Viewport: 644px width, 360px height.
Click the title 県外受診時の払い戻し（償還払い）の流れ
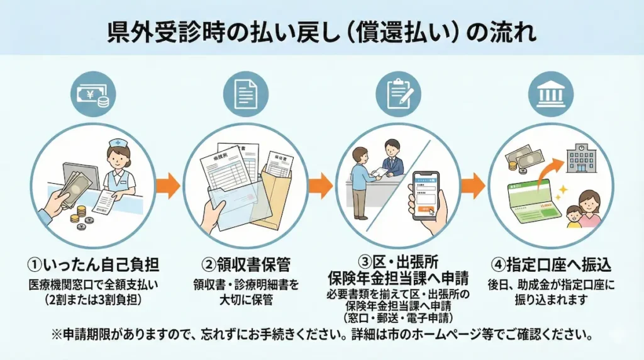(322, 30)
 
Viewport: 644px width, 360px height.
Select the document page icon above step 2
(247, 94)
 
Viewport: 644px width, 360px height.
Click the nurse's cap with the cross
(118, 144)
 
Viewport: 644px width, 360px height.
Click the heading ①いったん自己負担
(92, 264)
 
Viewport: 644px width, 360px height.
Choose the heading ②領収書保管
(247, 264)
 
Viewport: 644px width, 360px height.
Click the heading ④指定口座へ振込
(551, 264)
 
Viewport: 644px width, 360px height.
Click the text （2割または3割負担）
(92, 298)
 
